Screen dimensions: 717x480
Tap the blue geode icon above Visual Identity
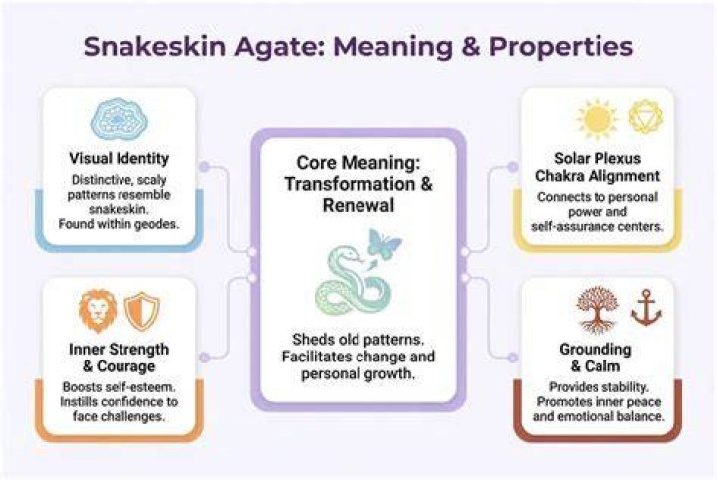119,120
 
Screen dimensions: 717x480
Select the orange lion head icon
98,311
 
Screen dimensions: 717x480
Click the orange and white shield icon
142,311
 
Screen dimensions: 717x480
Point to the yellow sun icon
597,118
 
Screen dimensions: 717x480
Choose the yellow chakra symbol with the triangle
645,117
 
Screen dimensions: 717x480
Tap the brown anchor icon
646,307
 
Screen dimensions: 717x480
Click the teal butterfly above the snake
384,243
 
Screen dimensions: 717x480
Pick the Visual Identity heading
119,159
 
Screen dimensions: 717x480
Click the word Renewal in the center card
358,205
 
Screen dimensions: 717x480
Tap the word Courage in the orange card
126,366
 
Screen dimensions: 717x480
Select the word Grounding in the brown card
596,350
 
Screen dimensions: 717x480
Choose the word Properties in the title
561,47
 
